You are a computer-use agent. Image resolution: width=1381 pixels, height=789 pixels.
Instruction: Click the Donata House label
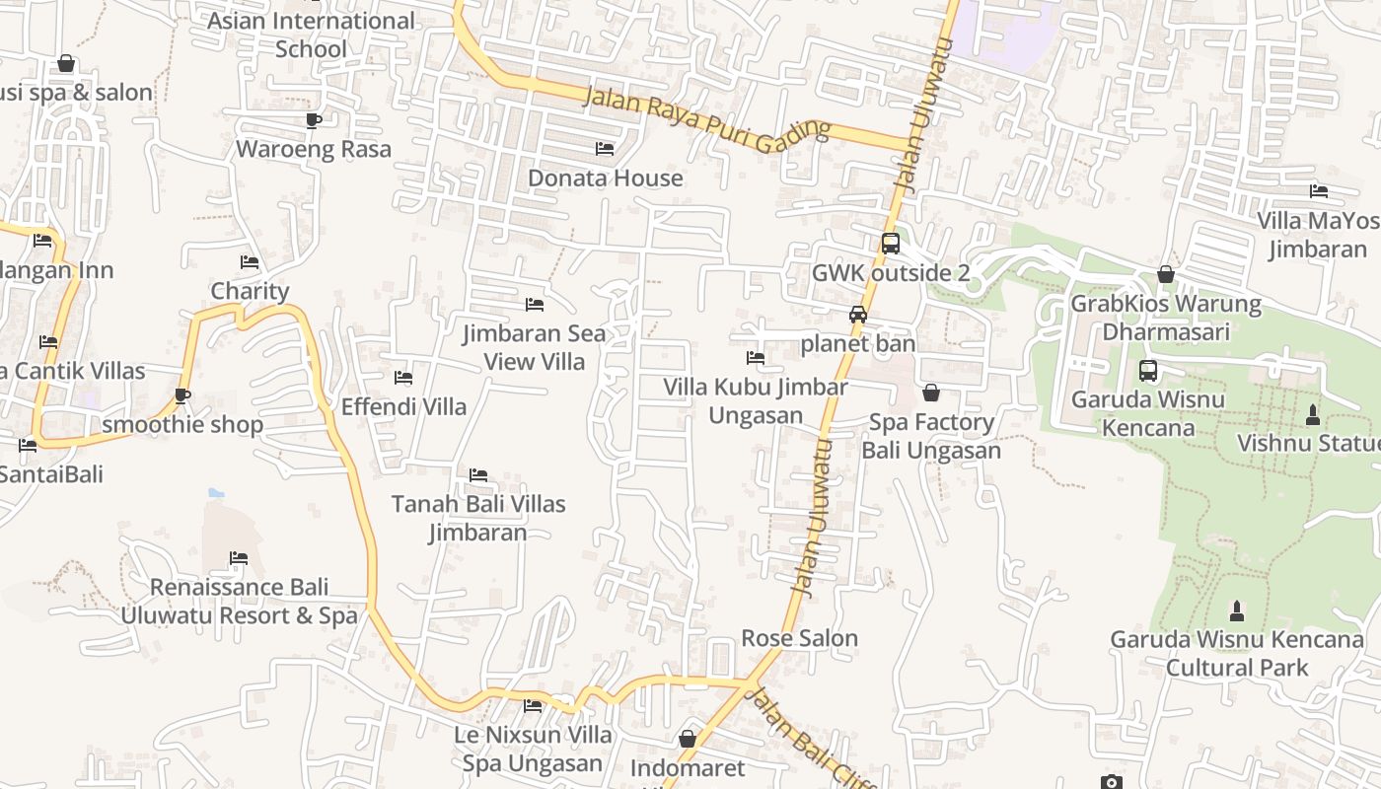[x=606, y=179]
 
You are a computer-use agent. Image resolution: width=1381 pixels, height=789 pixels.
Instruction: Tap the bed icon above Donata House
[x=605, y=149]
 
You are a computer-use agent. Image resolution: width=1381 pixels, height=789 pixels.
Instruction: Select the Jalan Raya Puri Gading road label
[x=706, y=118]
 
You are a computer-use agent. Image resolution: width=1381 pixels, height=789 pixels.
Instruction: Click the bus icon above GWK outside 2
[x=890, y=243]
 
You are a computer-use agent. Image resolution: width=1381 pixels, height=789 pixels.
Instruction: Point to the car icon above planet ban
[x=858, y=315]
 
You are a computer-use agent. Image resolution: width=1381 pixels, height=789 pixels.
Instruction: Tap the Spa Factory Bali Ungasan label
[x=931, y=437]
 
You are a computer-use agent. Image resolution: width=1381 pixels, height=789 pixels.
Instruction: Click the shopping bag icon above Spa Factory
[x=931, y=394]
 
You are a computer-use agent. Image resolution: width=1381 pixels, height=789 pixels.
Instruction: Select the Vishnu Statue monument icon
[x=1312, y=415]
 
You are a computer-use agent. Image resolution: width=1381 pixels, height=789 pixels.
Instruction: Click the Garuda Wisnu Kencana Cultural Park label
[x=1237, y=654]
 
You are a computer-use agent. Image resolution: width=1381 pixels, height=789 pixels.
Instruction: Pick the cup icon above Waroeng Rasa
[x=314, y=120]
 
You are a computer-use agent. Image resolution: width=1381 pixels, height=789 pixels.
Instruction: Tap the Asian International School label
[x=312, y=35]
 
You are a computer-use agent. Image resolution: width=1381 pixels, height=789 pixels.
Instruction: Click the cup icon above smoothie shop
[x=182, y=395]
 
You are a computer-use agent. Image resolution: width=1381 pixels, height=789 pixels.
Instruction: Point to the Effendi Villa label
[x=403, y=406]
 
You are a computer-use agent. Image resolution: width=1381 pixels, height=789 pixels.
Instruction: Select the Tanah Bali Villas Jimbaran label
[x=478, y=518]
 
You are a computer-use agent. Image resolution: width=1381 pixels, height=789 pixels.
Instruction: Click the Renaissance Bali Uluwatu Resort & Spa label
[x=239, y=602]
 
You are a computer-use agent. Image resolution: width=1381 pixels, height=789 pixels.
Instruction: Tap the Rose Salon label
[x=800, y=638]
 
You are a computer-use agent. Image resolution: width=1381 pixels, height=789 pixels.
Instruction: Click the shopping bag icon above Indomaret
[x=688, y=739]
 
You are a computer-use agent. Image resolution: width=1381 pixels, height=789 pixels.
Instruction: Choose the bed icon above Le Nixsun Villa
[x=533, y=705]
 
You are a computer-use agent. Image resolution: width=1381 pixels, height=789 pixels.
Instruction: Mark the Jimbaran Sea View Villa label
[x=535, y=347]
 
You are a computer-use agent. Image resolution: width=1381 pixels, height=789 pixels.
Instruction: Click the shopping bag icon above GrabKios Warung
[x=1166, y=274]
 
